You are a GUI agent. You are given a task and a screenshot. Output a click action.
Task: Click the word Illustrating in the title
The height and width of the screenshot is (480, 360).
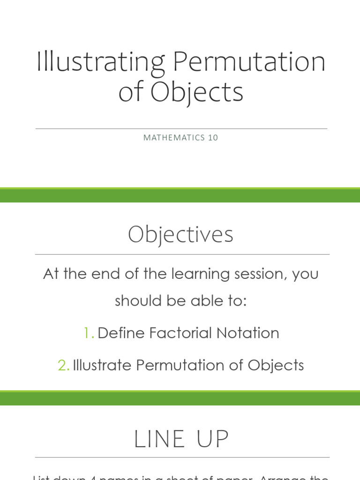pos(99,62)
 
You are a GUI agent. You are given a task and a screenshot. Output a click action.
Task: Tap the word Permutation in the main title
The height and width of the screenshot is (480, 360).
pos(248,62)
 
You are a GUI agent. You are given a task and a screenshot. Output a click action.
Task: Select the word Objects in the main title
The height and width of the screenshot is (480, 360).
pos(197,92)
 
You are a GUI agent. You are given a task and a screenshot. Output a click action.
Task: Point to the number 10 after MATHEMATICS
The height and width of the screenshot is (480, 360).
pos(213,138)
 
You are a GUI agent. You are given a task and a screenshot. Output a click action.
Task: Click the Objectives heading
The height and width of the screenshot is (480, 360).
pos(180,234)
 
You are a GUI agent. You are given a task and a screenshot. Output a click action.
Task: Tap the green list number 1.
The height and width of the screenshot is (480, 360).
pos(88,333)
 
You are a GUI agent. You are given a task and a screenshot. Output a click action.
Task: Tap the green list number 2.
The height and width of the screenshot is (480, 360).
pos(64,366)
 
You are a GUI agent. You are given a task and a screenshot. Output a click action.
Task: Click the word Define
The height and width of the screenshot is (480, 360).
pos(121,333)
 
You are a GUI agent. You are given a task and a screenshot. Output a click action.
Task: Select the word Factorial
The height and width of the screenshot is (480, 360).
pos(180,333)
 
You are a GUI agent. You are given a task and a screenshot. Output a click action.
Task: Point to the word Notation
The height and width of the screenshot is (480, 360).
pos(248,333)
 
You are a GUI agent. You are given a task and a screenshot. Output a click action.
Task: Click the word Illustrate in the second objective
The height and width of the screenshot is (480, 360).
pos(102,366)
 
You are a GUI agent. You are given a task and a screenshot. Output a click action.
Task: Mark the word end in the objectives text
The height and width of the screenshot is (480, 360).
pos(102,274)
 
